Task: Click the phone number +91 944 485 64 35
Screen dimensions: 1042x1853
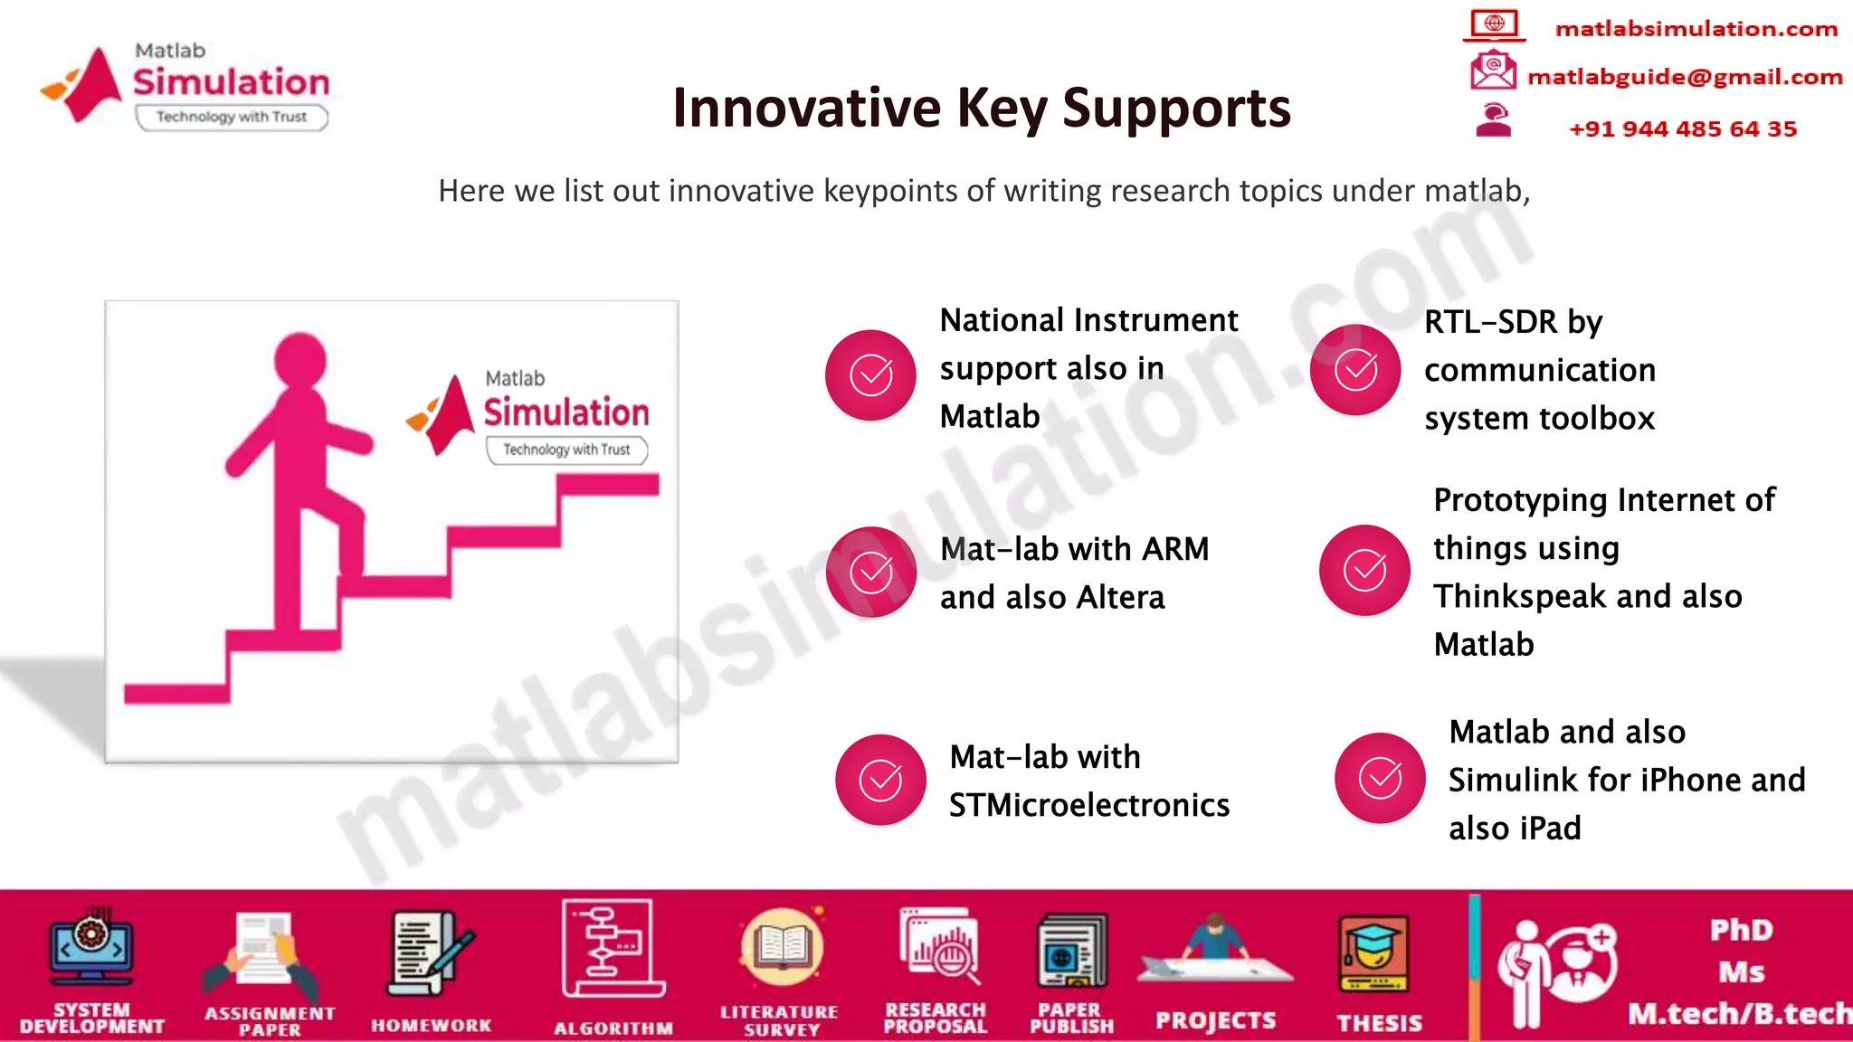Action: (1683, 129)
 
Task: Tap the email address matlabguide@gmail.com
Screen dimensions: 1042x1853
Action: (1685, 78)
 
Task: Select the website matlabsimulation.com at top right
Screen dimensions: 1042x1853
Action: (1696, 29)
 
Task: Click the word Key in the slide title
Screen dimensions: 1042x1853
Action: (1002, 109)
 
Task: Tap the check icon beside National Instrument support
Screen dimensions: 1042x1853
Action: (870, 374)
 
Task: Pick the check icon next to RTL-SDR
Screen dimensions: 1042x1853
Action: (1355, 369)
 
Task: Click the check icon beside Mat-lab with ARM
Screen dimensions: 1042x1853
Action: (870, 572)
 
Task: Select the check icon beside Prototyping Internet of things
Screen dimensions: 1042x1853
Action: (1364, 570)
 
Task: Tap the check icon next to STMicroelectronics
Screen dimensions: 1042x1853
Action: (880, 780)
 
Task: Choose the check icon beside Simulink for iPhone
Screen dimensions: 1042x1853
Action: (1380, 778)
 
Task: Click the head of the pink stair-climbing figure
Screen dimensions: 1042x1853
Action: (300, 360)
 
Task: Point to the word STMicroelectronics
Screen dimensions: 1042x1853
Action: (1089, 805)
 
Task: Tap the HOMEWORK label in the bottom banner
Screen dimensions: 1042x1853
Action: (432, 1026)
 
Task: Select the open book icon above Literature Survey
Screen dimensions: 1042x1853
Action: (781, 947)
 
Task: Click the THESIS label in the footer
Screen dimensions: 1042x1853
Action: (1380, 1023)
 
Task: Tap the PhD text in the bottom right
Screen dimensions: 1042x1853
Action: (1741, 930)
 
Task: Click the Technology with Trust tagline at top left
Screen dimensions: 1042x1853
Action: (232, 117)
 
